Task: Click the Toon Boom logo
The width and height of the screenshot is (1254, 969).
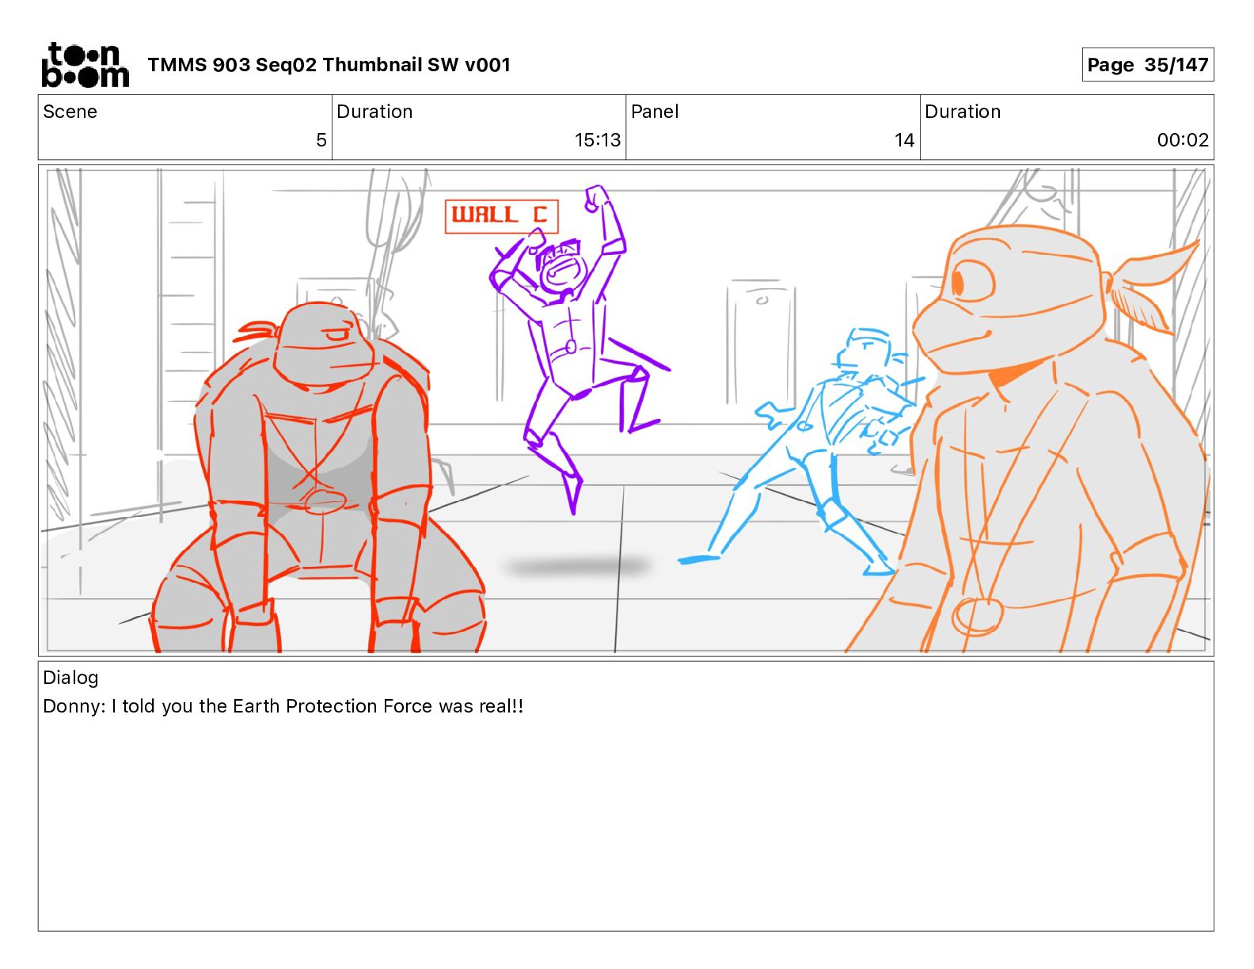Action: click(85, 65)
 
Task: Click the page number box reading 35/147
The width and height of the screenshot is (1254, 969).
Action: click(1147, 65)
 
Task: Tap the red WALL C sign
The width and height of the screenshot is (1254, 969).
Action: click(501, 216)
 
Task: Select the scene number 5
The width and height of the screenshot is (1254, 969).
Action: click(321, 140)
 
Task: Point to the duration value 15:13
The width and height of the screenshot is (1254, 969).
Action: click(597, 140)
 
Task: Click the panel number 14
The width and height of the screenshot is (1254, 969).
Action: click(904, 140)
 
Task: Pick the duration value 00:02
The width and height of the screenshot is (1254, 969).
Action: click(1183, 140)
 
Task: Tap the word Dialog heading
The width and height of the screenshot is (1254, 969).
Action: click(70, 678)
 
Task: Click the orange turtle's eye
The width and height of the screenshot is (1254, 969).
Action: click(973, 283)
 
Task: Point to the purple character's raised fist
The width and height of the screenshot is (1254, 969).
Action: click(597, 199)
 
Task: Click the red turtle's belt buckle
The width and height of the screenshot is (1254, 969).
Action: click(325, 500)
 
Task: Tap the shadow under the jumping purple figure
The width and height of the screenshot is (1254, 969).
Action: click(579, 565)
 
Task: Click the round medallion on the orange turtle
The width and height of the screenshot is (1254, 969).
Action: click(976, 617)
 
